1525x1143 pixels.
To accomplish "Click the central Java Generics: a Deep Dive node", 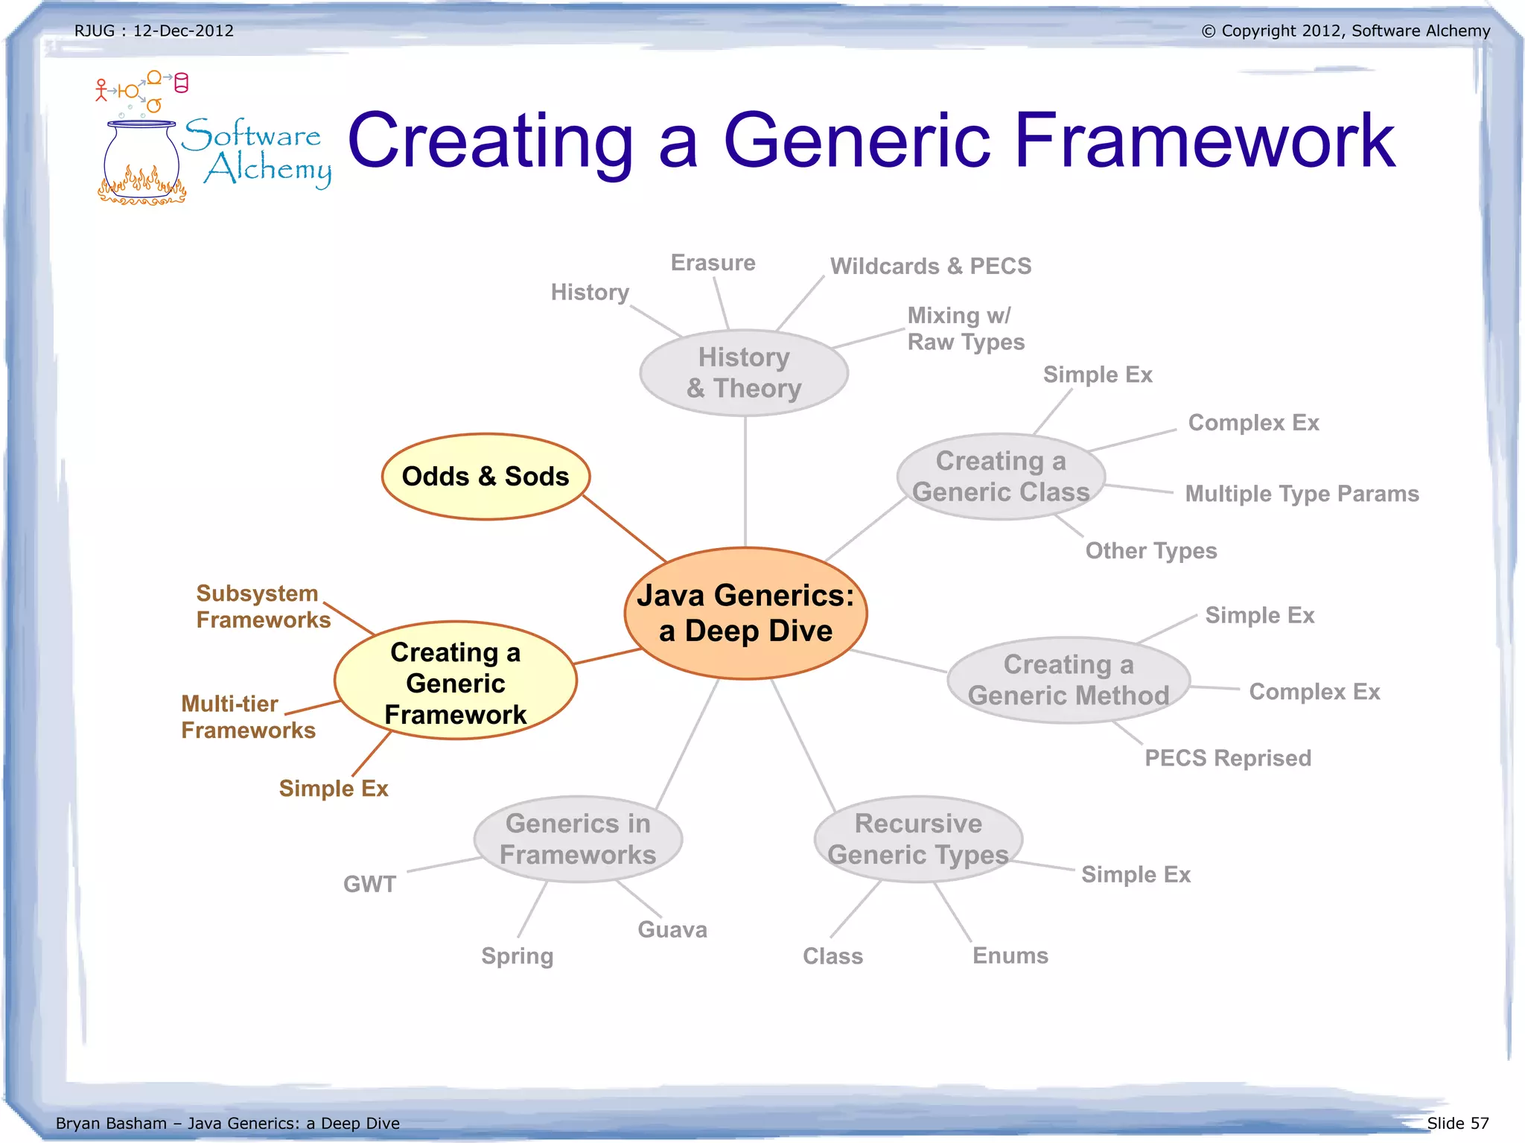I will point(745,613).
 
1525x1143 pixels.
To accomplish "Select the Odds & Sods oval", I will point(485,477).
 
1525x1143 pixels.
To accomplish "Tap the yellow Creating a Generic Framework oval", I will point(456,681).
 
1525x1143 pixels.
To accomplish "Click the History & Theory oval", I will point(744,372).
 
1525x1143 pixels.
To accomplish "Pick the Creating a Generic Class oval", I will point(1001,477).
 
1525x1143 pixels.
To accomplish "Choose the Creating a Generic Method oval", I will point(1069,680).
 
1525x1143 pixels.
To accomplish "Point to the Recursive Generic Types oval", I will point(918,839).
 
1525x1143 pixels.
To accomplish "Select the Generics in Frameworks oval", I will point(578,839).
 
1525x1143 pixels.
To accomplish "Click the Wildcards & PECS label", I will point(931,266).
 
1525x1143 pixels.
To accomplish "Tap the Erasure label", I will point(713,263).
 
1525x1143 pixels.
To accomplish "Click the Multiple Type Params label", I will point(1302,494).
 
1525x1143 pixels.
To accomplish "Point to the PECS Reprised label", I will point(1228,758).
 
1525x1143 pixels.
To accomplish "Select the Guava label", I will point(672,929).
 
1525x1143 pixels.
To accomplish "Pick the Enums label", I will point(1010,955).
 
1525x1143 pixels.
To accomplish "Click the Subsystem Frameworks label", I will point(263,606).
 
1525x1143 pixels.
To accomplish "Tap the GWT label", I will point(369,884).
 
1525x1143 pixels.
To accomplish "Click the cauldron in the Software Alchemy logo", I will point(141,160).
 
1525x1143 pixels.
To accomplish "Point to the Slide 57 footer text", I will point(1457,1123).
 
